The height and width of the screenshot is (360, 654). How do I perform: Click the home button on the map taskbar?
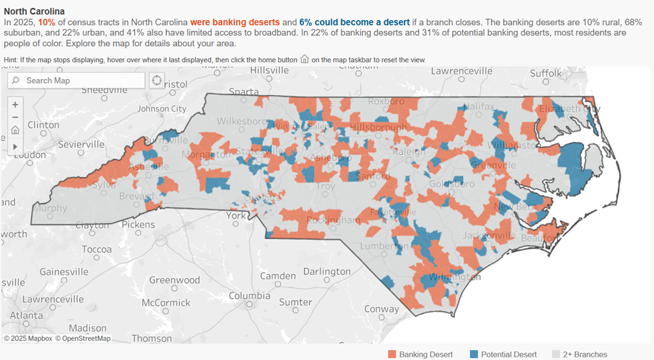[x=15, y=131]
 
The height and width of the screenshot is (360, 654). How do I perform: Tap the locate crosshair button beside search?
[x=157, y=80]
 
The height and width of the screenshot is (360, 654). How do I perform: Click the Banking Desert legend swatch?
[x=392, y=354]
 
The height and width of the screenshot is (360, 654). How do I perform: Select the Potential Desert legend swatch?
[x=474, y=354]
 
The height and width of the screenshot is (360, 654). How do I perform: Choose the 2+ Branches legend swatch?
[x=555, y=354]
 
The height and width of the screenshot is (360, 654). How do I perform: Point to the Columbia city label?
[x=250, y=296]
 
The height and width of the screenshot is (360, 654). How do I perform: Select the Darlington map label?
[x=327, y=272]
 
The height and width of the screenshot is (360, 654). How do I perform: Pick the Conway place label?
[x=381, y=309]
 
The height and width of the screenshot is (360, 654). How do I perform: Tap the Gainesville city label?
[x=64, y=272]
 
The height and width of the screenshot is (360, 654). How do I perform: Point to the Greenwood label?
[x=174, y=280]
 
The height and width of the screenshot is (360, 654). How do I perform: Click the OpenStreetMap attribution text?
[x=83, y=339]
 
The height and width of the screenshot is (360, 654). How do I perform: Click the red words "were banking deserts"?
[x=235, y=22]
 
